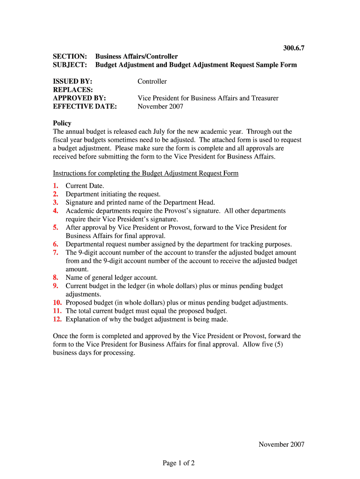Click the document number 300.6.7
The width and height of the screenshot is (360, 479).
pyautogui.click(x=294, y=48)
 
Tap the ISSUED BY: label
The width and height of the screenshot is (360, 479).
pyautogui.click(x=72, y=81)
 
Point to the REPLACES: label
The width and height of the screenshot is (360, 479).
pyautogui.click(x=73, y=90)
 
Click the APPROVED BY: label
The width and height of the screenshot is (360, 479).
pyautogui.click(x=79, y=98)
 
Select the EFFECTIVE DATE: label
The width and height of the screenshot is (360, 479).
pyautogui.click(x=85, y=107)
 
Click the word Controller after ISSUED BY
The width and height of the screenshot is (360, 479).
pyautogui.click(x=152, y=81)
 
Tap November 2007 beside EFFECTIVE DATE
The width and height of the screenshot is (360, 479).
pyautogui.click(x=160, y=107)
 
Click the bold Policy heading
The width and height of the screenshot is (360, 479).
pyautogui.click(x=62, y=123)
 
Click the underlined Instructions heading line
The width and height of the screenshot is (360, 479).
pyautogui.click(x=146, y=174)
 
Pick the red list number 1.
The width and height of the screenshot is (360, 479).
pyautogui.click(x=56, y=186)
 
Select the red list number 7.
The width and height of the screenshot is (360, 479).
pyautogui.click(x=56, y=253)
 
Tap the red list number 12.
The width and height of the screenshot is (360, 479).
pyautogui.click(x=58, y=319)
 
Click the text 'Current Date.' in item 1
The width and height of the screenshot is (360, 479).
pyautogui.click(x=85, y=186)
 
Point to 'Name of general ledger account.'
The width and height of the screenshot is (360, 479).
pyautogui.click(x=112, y=277)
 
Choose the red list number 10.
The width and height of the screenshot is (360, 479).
pyautogui.click(x=58, y=303)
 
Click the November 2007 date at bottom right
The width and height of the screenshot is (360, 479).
pyautogui.click(x=281, y=444)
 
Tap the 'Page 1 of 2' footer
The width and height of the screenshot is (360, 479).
pyautogui.click(x=179, y=463)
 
